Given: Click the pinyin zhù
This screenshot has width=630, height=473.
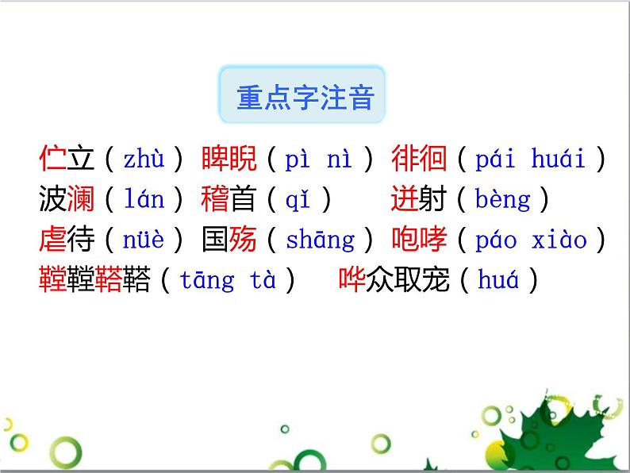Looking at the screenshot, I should tap(144, 160).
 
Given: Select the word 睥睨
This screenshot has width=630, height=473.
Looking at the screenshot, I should tap(229, 160).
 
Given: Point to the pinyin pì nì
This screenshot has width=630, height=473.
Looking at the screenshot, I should tap(317, 160).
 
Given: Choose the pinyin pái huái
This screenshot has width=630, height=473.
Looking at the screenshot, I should tap(530, 160).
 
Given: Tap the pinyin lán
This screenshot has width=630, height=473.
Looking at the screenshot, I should tap(144, 199).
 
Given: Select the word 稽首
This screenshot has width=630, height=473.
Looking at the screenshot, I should tap(229, 199).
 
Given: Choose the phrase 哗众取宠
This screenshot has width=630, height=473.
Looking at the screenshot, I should tap(394, 279).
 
